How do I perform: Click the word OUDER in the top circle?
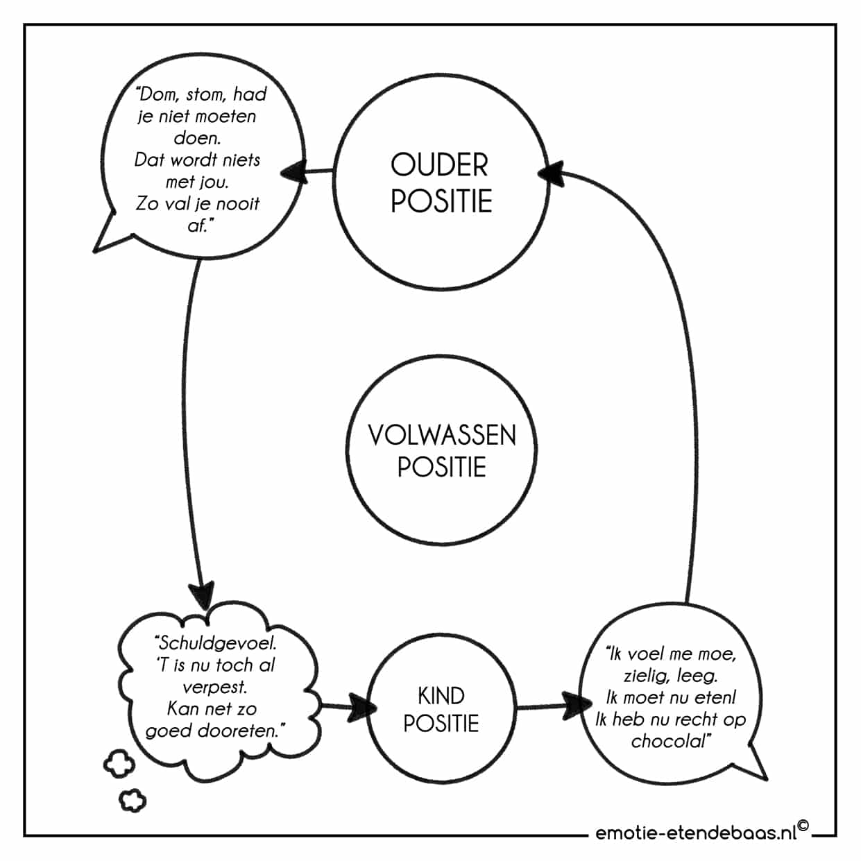click(x=439, y=165)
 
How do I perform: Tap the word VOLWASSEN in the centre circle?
click(x=442, y=435)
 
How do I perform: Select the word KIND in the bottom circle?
click(x=441, y=696)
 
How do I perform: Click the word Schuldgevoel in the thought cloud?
click(x=216, y=643)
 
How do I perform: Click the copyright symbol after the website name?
click(x=803, y=826)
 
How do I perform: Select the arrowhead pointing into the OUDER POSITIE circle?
click(x=550, y=173)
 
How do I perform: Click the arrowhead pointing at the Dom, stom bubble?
click(x=293, y=172)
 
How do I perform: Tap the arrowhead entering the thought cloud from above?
click(x=202, y=595)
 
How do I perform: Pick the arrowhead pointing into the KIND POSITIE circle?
click(x=361, y=707)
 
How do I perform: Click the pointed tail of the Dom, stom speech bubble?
click(x=95, y=251)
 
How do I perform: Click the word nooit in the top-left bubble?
click(x=237, y=204)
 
